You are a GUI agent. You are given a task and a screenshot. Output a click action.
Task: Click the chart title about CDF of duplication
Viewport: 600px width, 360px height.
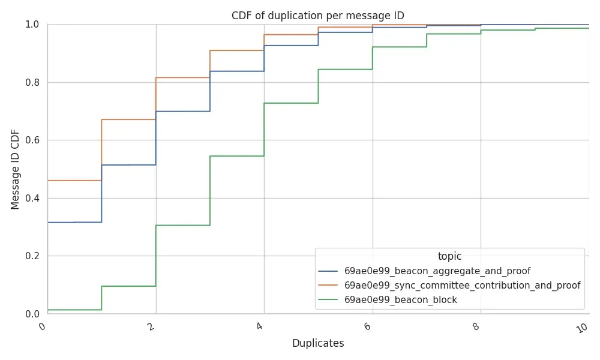[x=318, y=16]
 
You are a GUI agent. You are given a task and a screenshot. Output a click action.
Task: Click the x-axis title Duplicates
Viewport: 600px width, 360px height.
[x=318, y=343]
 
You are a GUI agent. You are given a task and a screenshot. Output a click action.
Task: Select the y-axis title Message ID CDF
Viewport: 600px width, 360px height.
[x=16, y=169]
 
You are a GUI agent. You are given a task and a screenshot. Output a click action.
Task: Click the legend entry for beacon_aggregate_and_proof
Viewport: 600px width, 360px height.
[x=437, y=271]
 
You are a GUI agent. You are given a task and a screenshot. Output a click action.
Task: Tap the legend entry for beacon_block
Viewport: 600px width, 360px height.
[x=400, y=300]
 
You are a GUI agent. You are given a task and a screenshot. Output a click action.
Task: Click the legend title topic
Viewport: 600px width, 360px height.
[x=449, y=256]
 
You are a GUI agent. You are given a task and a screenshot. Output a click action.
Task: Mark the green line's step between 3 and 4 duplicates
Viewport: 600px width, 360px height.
[x=237, y=156]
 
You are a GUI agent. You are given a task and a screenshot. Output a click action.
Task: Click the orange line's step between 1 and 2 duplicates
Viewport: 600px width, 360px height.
[x=128, y=119]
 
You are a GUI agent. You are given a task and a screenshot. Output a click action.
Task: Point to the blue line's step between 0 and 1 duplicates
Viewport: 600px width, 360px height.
[x=74, y=222]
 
